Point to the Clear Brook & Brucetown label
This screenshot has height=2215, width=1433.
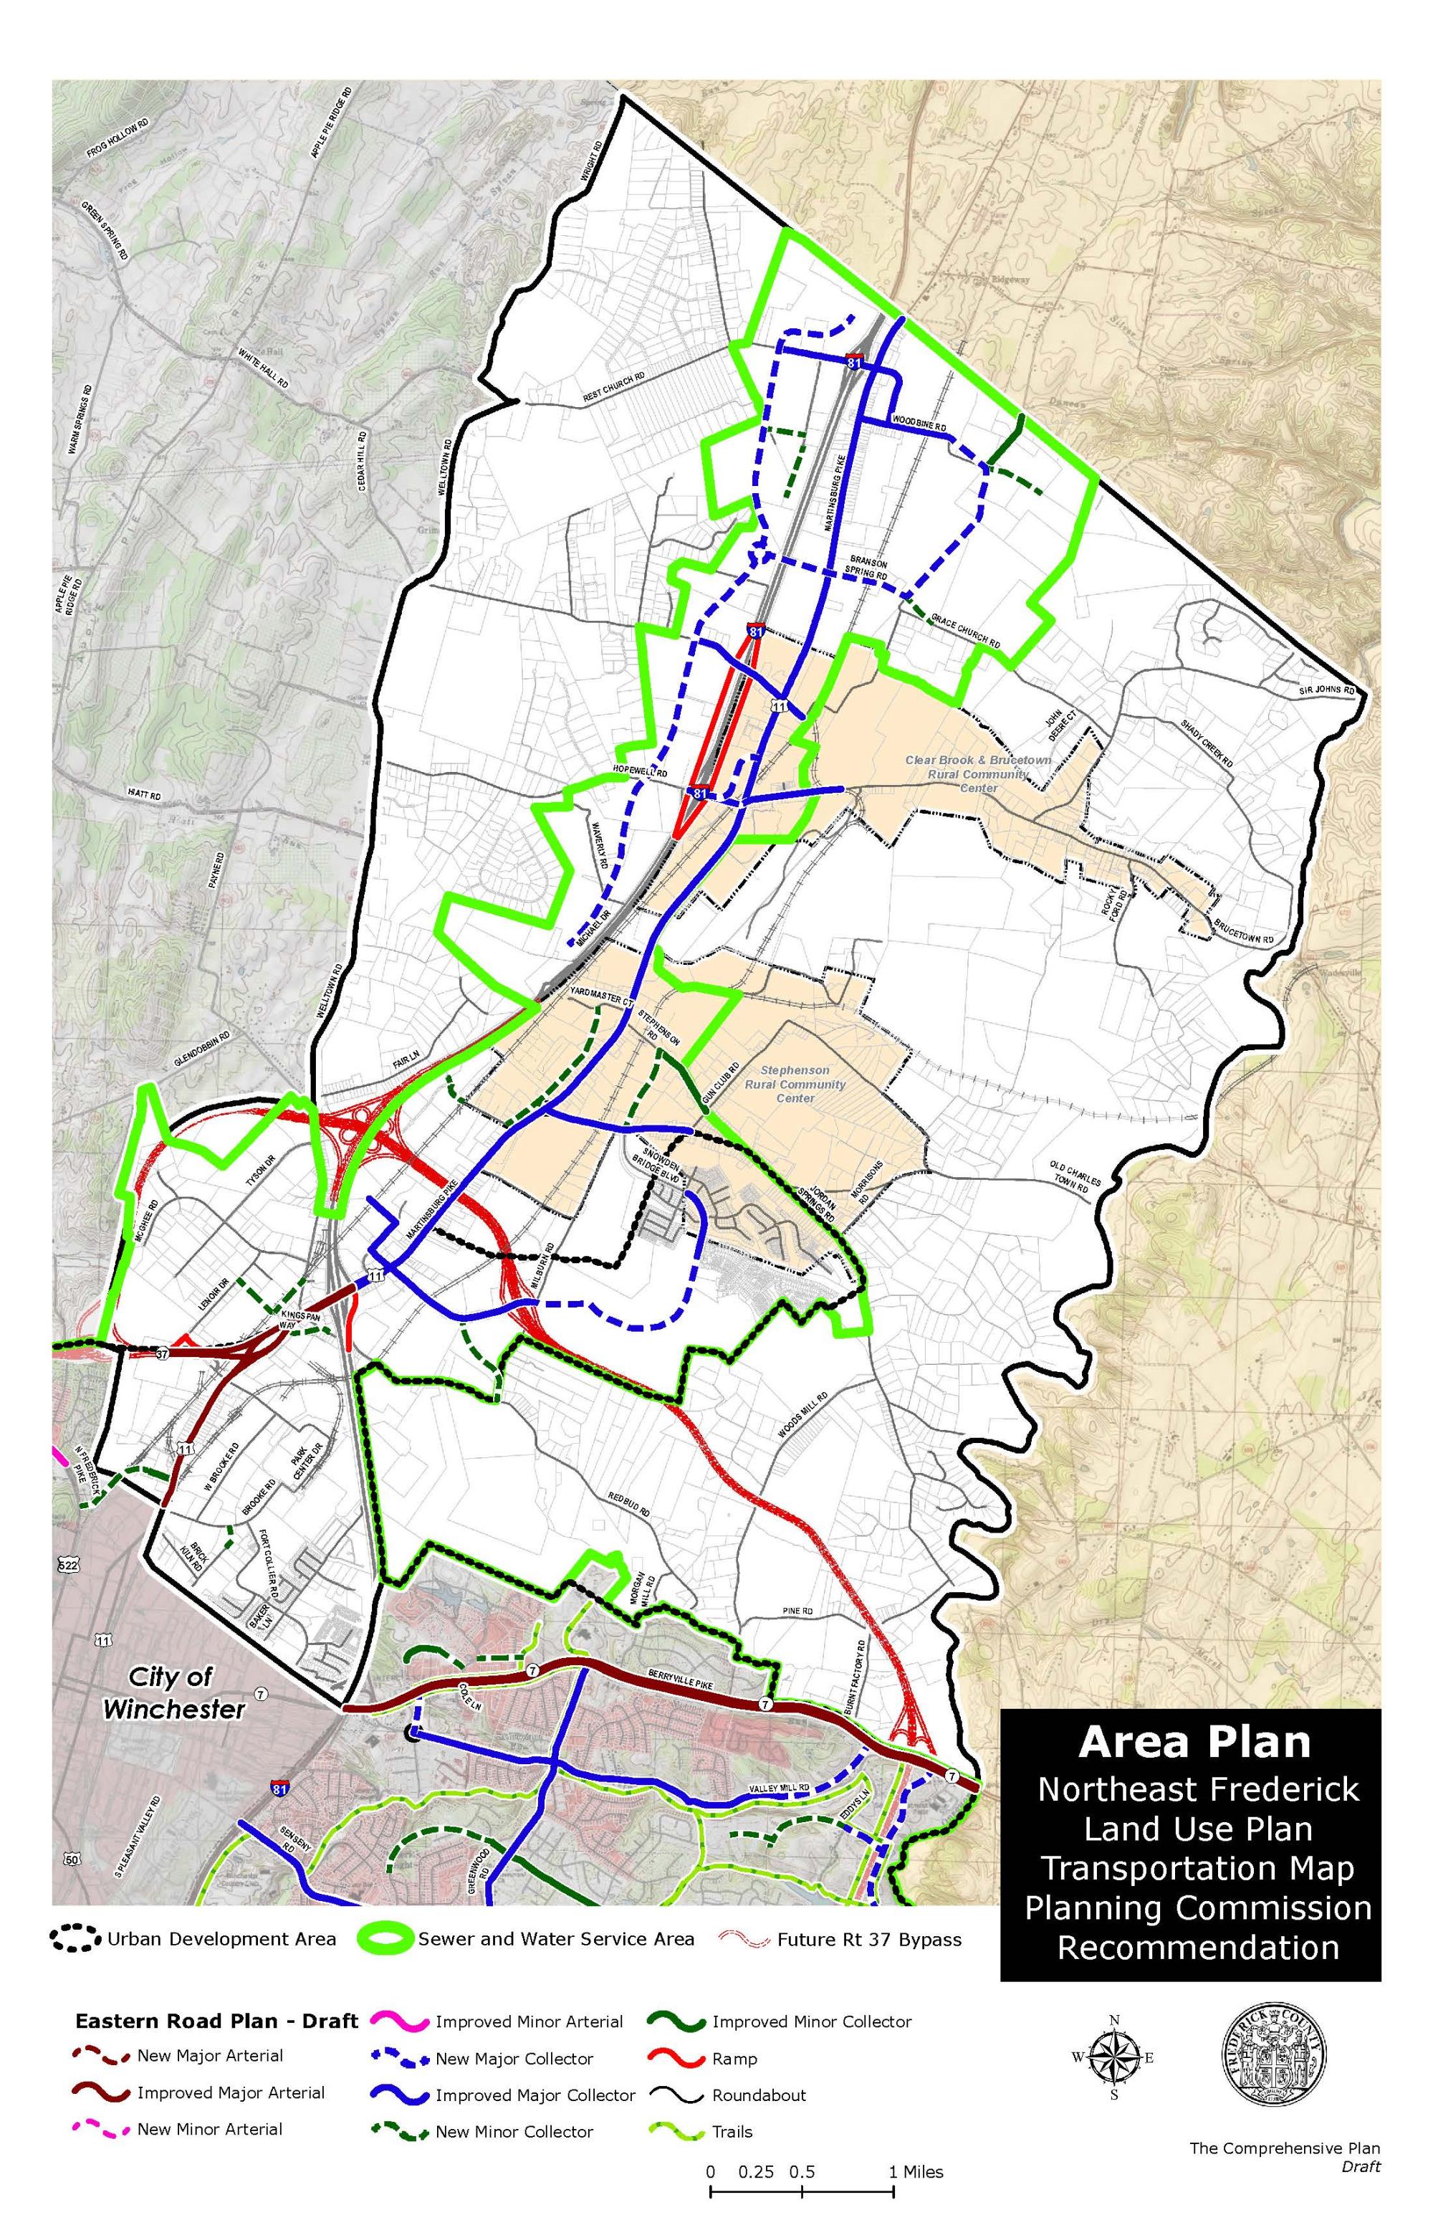pyautogui.click(x=978, y=761)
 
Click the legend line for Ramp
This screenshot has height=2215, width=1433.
pyautogui.click(x=679, y=2059)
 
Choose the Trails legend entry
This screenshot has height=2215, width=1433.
pyautogui.click(x=732, y=2131)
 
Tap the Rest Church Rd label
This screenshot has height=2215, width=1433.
pyautogui.click(x=614, y=388)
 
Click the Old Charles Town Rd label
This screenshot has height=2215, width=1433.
pyautogui.click(x=1075, y=1176)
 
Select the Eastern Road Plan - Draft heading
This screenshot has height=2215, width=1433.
pyautogui.click(x=216, y=2021)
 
